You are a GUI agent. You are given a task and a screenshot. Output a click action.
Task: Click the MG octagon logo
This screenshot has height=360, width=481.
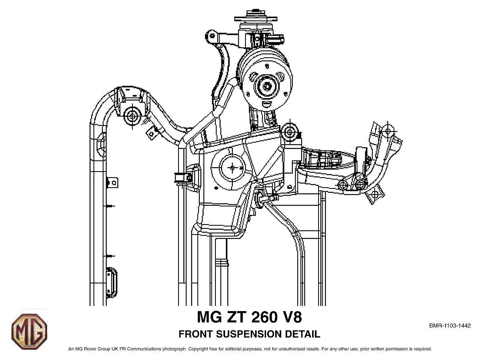click(x=29, y=331)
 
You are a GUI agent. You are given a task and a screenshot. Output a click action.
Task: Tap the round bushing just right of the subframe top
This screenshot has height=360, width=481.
click(x=290, y=131)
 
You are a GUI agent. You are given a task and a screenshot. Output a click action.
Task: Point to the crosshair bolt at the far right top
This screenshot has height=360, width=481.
click(x=387, y=130)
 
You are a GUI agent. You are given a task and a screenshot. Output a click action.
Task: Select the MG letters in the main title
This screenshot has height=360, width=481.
click(x=209, y=317)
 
